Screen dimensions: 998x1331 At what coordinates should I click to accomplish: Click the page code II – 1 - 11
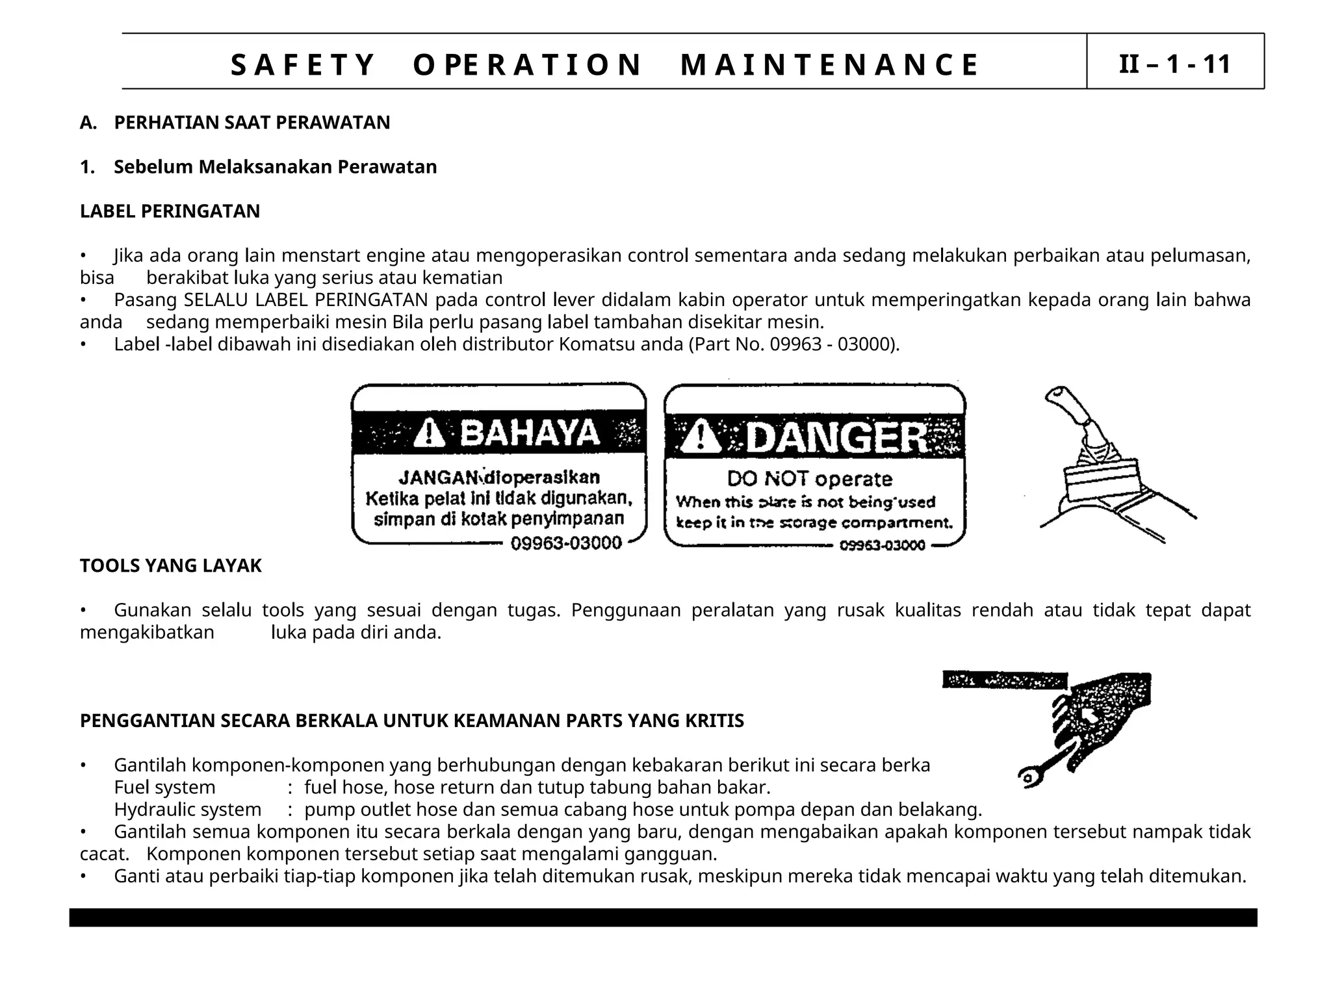[1174, 64]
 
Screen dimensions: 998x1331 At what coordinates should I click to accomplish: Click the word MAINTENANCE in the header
[829, 65]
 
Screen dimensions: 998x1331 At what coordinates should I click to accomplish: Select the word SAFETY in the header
[303, 65]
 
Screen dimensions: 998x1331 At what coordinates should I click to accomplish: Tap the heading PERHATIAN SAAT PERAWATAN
[252, 123]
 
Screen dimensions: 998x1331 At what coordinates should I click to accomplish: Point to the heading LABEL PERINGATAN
[170, 211]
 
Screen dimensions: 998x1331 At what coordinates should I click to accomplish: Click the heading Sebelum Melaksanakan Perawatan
[275, 167]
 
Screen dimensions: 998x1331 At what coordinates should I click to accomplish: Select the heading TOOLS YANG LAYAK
[170, 566]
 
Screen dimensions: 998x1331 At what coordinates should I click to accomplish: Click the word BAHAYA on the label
[530, 433]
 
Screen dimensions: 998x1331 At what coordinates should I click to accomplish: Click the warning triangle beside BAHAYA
[429, 433]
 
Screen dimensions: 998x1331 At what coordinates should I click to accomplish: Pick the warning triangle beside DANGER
[700, 437]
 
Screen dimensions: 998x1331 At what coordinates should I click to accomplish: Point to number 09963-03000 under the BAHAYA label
[566, 543]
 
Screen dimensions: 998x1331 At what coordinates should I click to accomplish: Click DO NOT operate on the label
[809, 480]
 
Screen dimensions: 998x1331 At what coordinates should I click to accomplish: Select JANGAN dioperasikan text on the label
[498, 478]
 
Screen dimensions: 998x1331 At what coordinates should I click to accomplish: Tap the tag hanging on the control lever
[1102, 480]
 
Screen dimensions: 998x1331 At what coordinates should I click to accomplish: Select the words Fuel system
[164, 787]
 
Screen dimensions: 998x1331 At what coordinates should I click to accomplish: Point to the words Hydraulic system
[188, 810]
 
